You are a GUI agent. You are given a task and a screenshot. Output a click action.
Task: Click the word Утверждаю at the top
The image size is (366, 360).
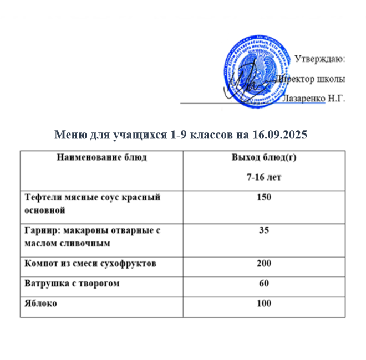pyautogui.click(x=320, y=58)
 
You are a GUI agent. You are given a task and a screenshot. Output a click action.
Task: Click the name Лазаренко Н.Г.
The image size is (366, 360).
pyautogui.click(x=314, y=99)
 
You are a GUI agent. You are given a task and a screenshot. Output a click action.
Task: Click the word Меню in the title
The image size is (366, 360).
pyautogui.click(x=69, y=135)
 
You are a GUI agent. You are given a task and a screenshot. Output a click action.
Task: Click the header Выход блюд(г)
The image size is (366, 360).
pyautogui.click(x=264, y=157)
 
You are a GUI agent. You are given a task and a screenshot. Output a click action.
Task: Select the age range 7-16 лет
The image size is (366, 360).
pyautogui.click(x=263, y=177)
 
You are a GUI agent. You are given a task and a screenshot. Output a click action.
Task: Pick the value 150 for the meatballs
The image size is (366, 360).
pyautogui.click(x=264, y=198)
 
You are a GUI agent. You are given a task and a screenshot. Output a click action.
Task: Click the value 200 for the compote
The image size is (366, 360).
pyautogui.click(x=264, y=263)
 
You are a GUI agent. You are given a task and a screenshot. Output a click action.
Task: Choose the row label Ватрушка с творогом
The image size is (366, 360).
pyautogui.click(x=72, y=284)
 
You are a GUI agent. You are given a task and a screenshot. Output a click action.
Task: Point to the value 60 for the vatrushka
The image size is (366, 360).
pyautogui.click(x=264, y=284)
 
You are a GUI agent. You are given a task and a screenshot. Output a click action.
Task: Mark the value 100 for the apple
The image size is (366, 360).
pyautogui.click(x=264, y=304)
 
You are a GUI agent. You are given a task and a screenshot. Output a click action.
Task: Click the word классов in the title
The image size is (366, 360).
pyautogui.click(x=197, y=135)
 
